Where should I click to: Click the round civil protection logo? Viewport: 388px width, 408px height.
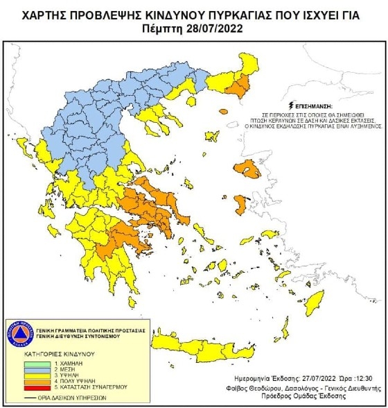[21, 334]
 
